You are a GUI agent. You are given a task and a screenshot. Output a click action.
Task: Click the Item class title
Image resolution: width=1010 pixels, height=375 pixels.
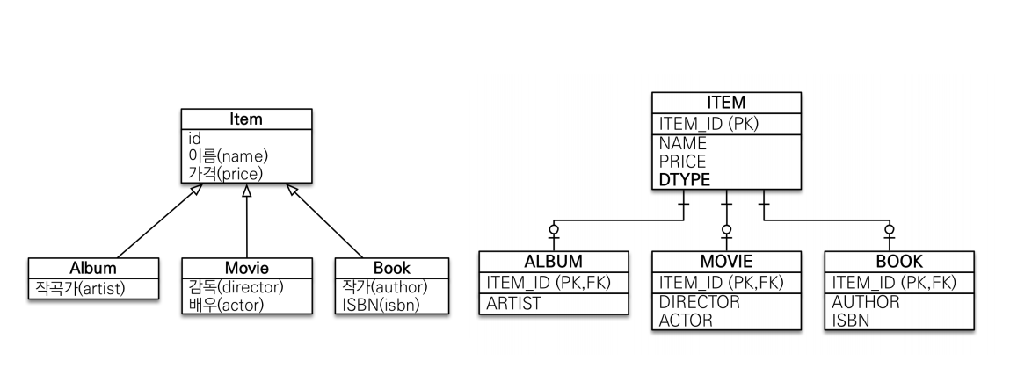pos(246,119)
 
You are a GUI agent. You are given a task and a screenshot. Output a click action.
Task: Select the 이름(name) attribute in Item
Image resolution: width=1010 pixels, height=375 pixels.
pos(228,155)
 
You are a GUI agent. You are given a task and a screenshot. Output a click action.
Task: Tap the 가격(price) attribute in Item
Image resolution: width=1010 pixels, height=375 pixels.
pos(226,173)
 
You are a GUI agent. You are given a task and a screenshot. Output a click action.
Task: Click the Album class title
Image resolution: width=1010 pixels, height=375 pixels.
pos(93,268)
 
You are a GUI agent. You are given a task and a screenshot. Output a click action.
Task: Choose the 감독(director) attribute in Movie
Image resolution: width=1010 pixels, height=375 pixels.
pos(236,287)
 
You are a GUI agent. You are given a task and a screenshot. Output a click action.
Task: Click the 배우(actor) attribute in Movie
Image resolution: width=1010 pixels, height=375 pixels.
pos(226,305)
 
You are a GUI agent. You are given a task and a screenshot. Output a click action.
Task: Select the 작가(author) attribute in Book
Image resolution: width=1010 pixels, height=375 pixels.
pos(384,287)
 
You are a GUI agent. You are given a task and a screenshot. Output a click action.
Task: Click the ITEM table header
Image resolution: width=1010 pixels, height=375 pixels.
pos(726,104)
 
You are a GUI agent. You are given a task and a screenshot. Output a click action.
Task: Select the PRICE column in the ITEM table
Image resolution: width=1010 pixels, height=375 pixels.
pos(682,162)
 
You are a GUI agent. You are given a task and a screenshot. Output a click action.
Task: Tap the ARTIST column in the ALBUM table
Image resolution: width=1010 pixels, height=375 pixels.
pos(514,303)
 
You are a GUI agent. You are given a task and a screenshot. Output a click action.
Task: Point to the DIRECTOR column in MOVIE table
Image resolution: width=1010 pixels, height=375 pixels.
pos(700,302)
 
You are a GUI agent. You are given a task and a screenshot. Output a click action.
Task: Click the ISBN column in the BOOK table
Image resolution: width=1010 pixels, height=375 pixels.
pos(851,320)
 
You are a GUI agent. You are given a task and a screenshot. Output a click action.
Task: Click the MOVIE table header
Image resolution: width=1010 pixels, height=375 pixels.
pos(726,262)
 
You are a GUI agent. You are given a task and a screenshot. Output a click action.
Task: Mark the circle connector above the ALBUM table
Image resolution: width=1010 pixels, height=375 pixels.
pos(554,230)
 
